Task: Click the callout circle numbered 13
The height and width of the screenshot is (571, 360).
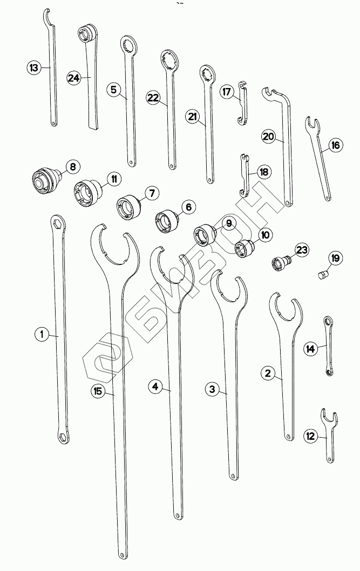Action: coord(34,67)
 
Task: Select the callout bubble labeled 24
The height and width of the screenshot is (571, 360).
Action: coord(74,78)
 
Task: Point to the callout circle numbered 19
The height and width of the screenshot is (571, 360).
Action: coord(335,259)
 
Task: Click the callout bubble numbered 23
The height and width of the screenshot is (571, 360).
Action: coord(301,250)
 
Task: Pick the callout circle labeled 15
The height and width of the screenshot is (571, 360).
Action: coord(98,391)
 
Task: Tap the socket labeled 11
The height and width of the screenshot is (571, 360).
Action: coord(86,192)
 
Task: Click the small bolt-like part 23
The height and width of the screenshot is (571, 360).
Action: coord(281,263)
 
